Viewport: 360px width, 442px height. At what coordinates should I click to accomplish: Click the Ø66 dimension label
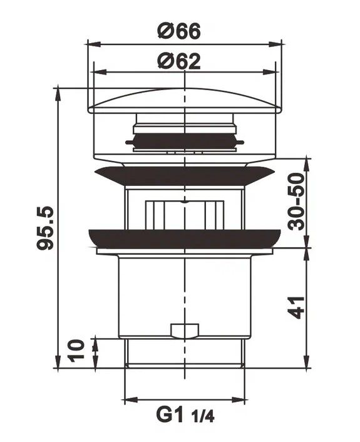179,31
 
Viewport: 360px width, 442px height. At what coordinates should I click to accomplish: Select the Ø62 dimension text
179,61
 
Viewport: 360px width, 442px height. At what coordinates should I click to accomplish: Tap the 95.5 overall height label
45,228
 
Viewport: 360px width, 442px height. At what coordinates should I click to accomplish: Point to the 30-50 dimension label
296,202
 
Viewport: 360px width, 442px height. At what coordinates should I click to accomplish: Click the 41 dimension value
297,307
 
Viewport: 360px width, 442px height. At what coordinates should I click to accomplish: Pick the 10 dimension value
76,351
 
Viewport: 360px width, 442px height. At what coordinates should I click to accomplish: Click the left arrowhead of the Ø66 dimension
94,44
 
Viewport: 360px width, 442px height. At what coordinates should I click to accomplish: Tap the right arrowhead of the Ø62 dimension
269,72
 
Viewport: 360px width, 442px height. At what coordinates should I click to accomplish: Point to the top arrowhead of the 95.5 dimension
58,94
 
